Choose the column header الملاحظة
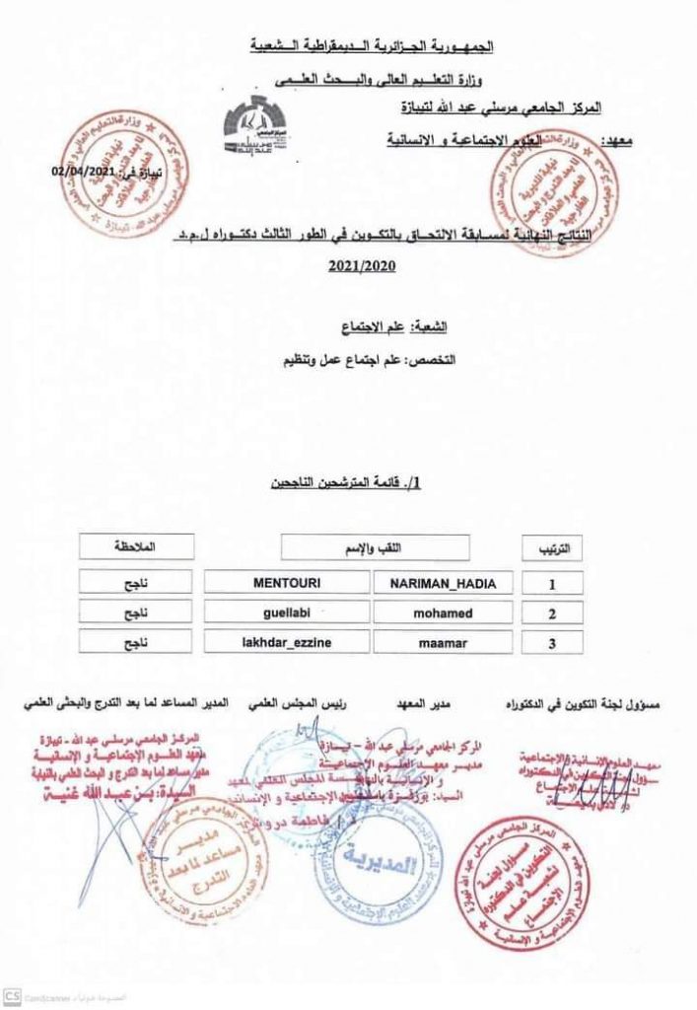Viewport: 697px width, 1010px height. click(137, 545)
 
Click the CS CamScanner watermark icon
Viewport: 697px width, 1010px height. click(13, 997)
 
